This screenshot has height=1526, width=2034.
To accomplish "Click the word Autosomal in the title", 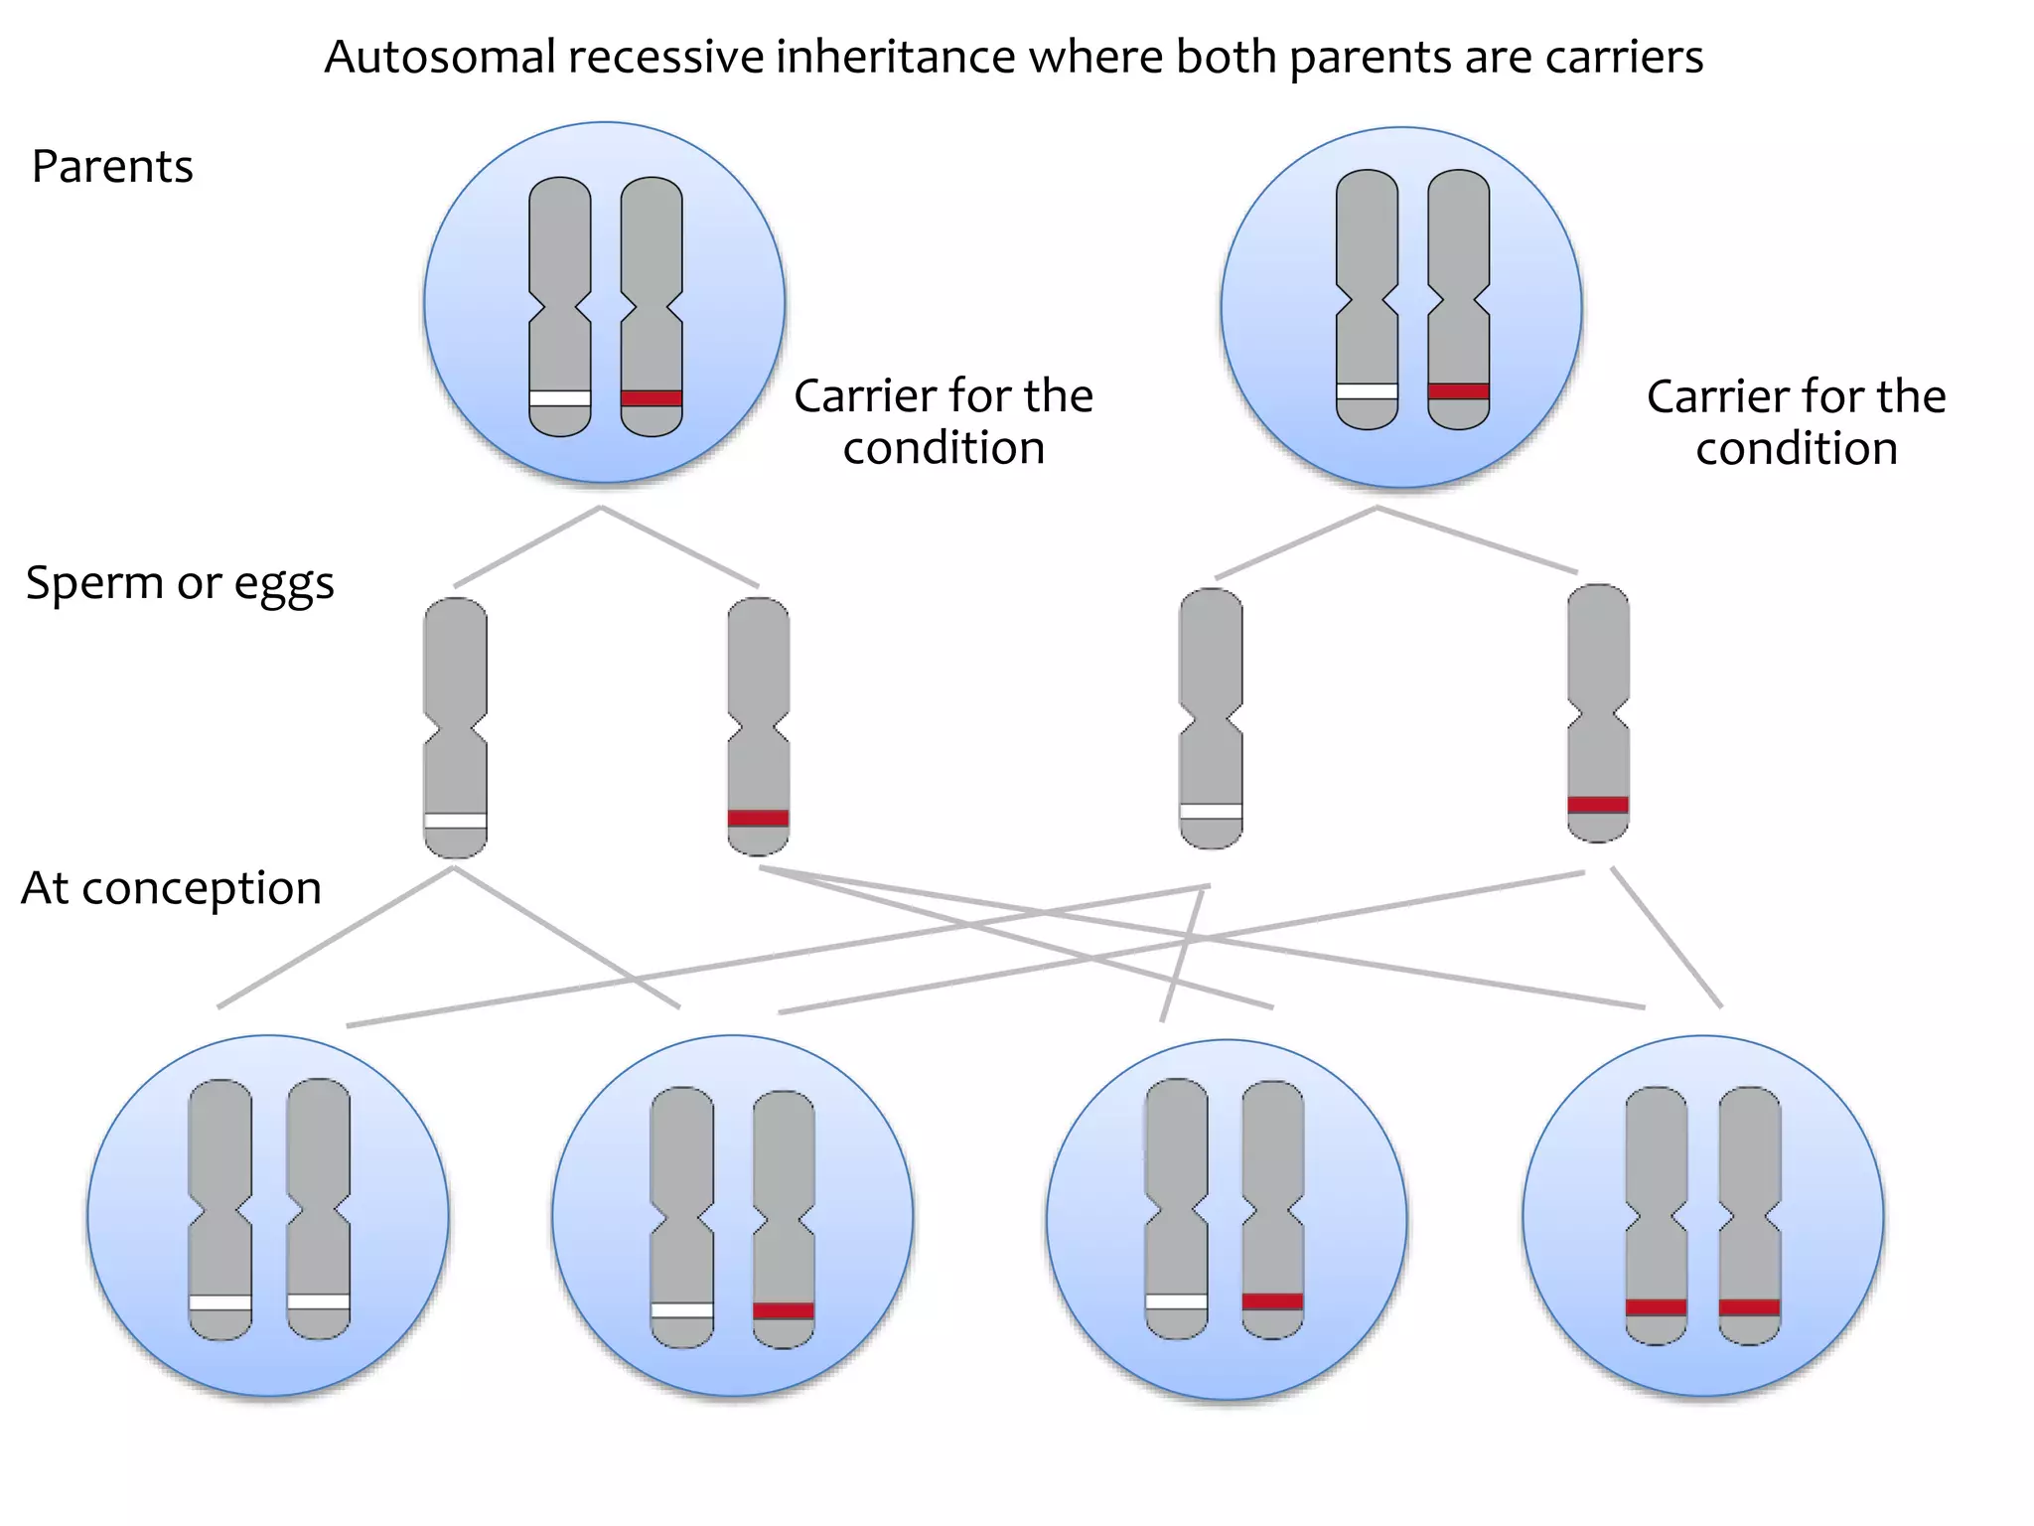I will pyautogui.click(x=440, y=57).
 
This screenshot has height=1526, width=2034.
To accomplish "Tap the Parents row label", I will pyautogui.click(x=112, y=166).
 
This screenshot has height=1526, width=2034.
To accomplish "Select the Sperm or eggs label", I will pyautogui.click(x=180, y=582).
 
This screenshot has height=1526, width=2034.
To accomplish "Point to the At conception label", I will pyautogui.click(x=171, y=887).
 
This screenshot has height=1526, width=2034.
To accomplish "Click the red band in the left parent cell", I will pyautogui.click(x=652, y=398).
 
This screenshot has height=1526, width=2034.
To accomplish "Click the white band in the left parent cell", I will pyautogui.click(x=560, y=398).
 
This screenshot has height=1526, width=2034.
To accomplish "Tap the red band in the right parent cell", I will pyautogui.click(x=1459, y=391).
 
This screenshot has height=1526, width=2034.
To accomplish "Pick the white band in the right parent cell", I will pyautogui.click(x=1368, y=391).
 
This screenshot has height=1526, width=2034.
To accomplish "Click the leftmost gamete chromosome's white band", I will pyautogui.click(x=455, y=821).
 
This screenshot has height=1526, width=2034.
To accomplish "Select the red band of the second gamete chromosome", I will pyautogui.click(x=758, y=819).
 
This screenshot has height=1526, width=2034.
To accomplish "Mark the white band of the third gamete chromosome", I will pyautogui.click(x=1211, y=812).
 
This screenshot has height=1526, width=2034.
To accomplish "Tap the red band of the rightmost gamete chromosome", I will pyautogui.click(x=1598, y=805).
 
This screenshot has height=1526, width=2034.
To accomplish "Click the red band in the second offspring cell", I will pyautogui.click(x=784, y=1310).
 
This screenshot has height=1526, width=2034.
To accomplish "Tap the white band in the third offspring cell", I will pyautogui.click(x=1176, y=1301).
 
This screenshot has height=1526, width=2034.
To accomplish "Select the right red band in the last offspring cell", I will pyautogui.click(x=1749, y=1307).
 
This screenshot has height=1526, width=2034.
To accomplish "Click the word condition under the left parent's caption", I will pyautogui.click(x=944, y=448).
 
